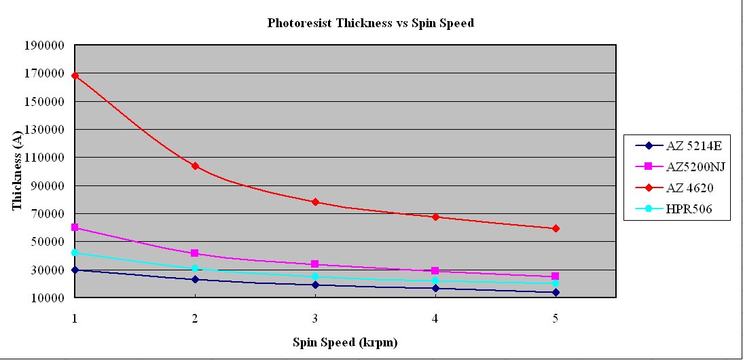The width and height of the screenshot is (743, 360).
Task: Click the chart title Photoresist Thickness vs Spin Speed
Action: [370, 23]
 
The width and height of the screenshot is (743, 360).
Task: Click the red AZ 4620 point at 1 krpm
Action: [75, 75]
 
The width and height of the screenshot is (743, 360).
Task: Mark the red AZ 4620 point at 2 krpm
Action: [195, 166]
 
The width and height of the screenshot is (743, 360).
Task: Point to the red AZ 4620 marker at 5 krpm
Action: [556, 228]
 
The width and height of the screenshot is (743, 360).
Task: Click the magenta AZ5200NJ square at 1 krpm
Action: [75, 228]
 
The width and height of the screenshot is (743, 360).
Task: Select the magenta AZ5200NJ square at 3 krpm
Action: [315, 264]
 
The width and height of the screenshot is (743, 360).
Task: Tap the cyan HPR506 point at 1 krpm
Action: [75, 253]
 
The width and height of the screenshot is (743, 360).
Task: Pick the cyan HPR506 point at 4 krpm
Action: [435, 281]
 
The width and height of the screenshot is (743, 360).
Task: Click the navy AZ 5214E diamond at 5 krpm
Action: [556, 292]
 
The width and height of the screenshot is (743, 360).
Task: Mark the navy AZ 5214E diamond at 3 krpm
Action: [315, 285]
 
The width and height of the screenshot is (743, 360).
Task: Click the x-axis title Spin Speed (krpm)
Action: [345, 342]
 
